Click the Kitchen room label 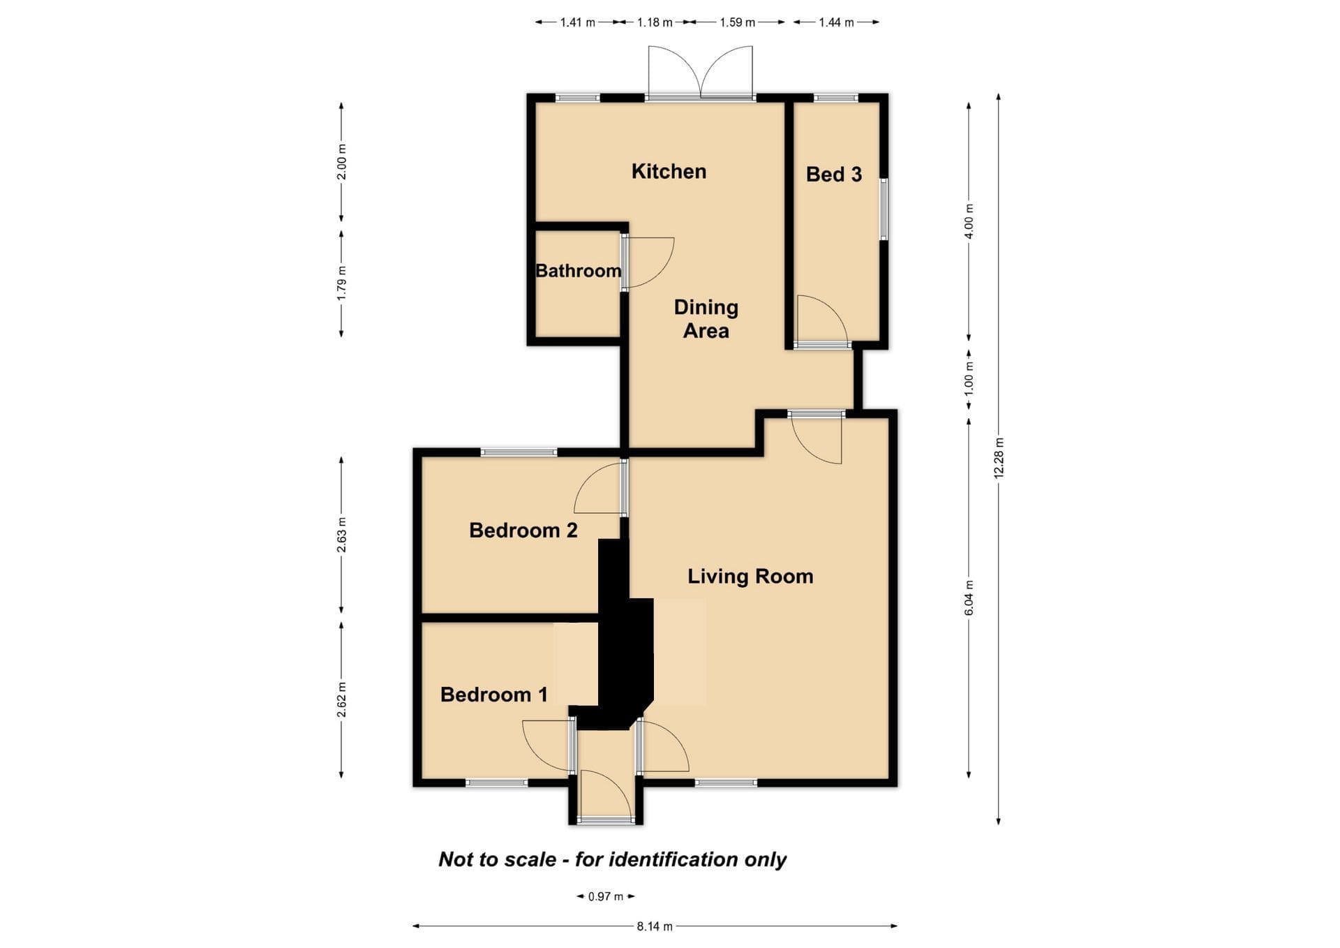click(x=669, y=172)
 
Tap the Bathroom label click(x=578, y=271)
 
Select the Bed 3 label click(x=834, y=175)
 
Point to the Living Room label click(x=750, y=577)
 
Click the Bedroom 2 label click(x=523, y=531)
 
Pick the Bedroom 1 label click(x=494, y=695)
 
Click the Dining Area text click(x=706, y=319)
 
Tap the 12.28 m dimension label click(x=999, y=458)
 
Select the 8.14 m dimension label click(x=655, y=926)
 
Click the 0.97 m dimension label click(x=605, y=896)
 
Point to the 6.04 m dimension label click(x=969, y=598)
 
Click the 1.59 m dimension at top click(x=738, y=22)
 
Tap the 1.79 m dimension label click(x=341, y=284)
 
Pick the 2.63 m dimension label click(x=341, y=535)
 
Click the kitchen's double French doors click(x=701, y=73)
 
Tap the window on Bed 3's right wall click(x=884, y=209)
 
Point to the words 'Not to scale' click(x=498, y=859)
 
